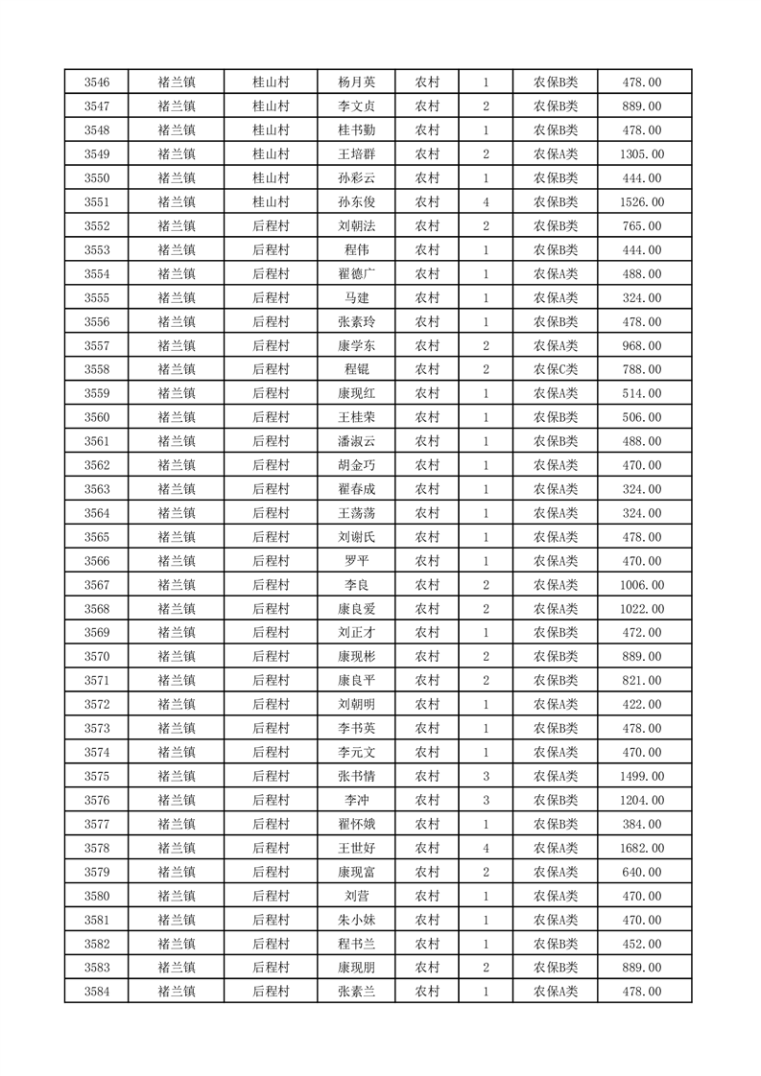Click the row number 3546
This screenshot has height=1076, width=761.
[x=97, y=82]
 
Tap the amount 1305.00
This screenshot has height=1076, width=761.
[x=642, y=154]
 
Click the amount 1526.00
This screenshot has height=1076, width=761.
[x=642, y=202]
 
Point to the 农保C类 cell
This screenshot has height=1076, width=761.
[x=556, y=369]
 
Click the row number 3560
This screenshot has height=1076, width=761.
[x=97, y=417]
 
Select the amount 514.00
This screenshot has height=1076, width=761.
[x=642, y=393]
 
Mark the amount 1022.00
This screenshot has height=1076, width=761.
[x=642, y=609]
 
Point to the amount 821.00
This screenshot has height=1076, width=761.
[x=642, y=681]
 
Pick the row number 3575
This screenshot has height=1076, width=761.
[x=97, y=776]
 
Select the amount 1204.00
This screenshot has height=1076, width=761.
[x=642, y=800]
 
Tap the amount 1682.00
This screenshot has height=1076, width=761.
[x=642, y=848]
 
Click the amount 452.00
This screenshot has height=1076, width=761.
[x=642, y=944]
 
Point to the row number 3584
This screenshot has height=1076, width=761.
[x=97, y=992]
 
